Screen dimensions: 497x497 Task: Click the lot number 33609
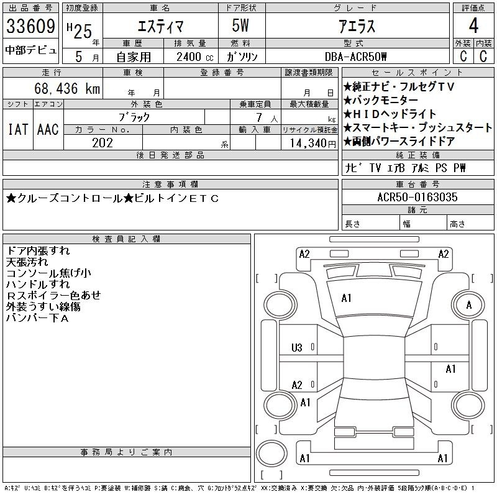[x=31, y=27]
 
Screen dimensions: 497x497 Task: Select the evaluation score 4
[x=473, y=27]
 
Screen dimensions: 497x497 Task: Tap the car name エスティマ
[x=159, y=27]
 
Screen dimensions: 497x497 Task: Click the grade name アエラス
[x=356, y=27]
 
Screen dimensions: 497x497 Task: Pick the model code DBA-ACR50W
[x=356, y=57]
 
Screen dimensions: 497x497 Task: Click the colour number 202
[x=103, y=143]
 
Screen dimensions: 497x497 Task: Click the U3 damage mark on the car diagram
[x=297, y=347]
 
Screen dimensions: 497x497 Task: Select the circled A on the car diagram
[x=468, y=305]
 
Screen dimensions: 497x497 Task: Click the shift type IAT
[x=17, y=129]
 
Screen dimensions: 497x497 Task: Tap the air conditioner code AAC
[x=48, y=129]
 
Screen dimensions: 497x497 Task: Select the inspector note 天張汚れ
[x=27, y=262]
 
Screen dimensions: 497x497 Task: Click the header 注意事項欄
[x=170, y=185]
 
